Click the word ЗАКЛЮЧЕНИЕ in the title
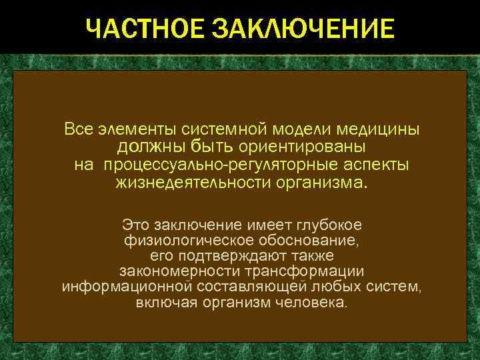click(303, 29)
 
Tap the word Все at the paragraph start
click(78, 127)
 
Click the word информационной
click(127, 287)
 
